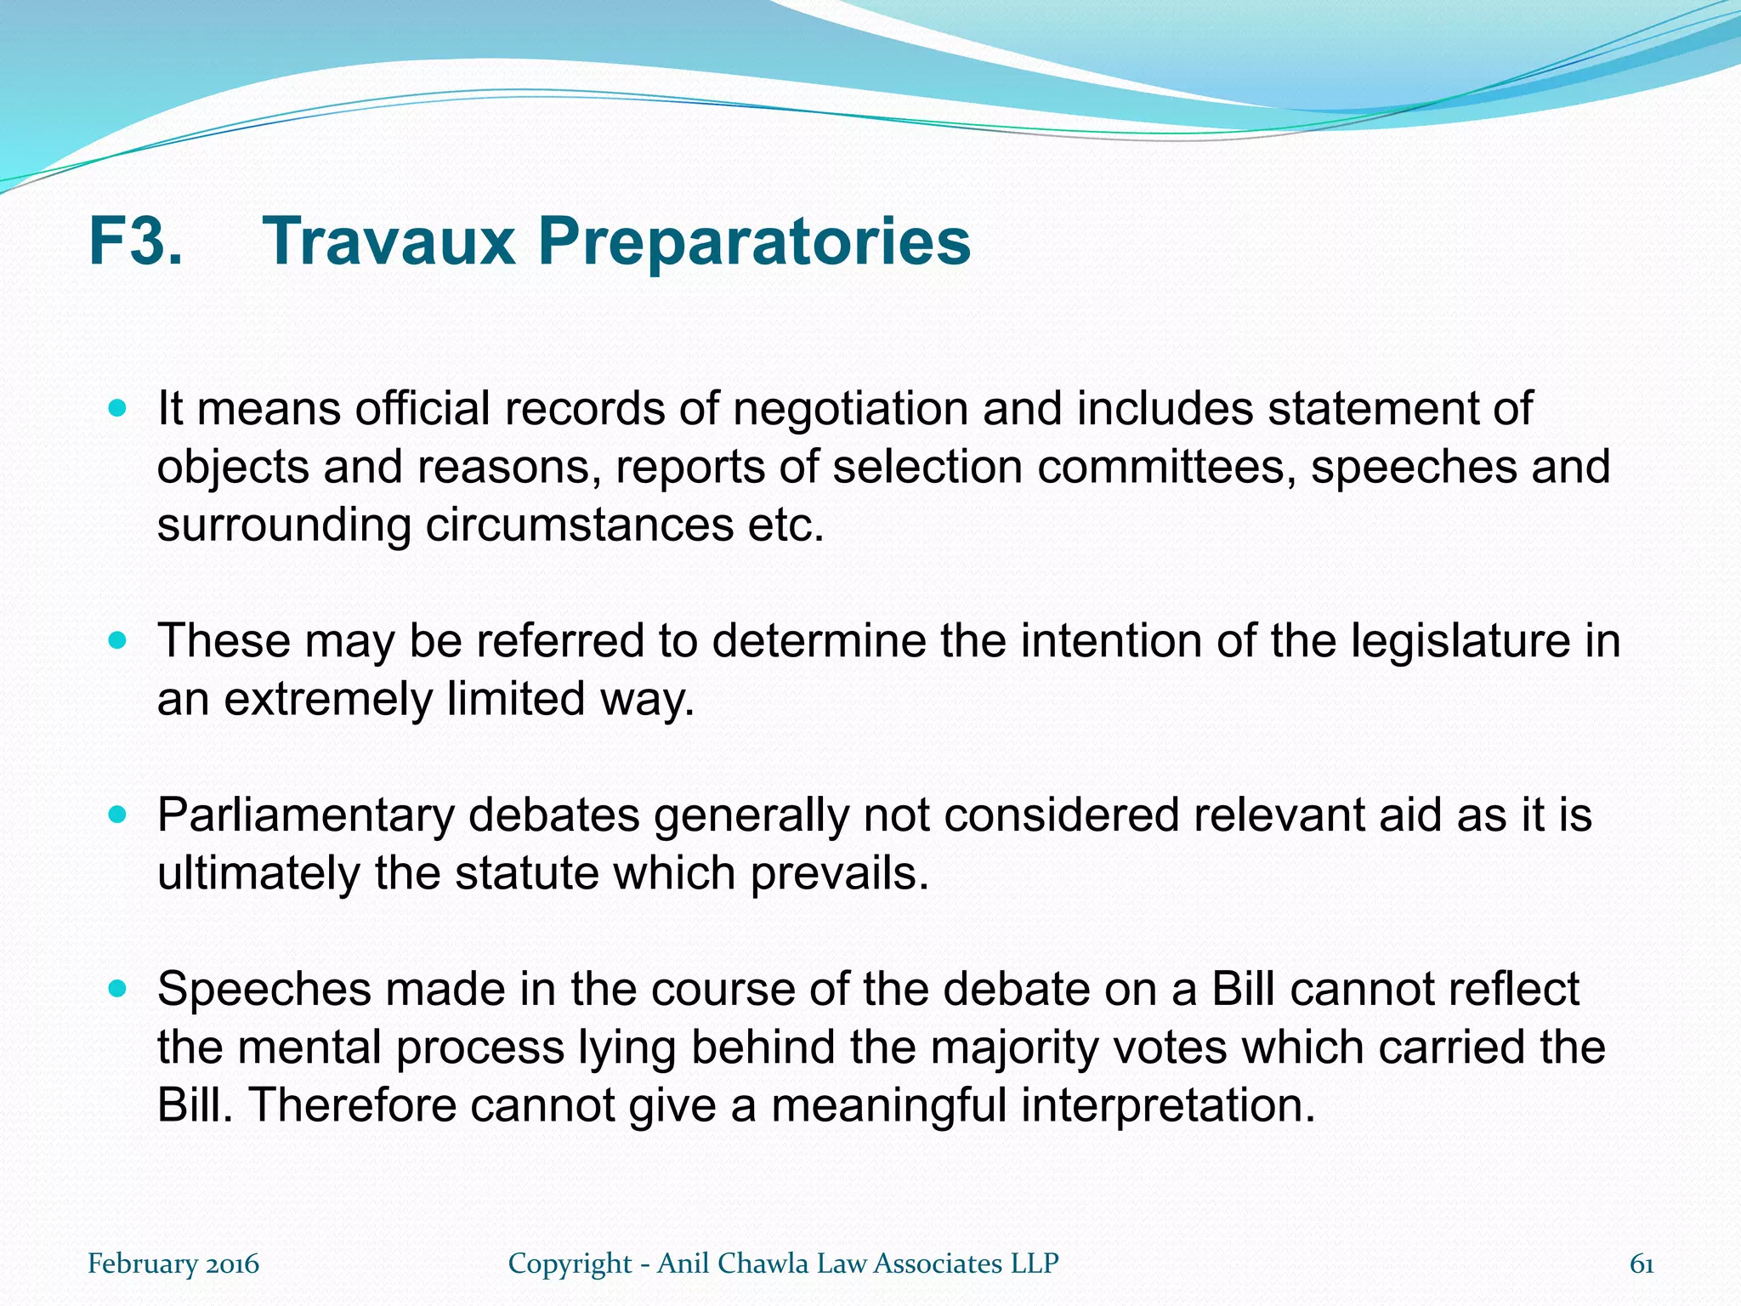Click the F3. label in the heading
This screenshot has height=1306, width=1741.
click(x=136, y=242)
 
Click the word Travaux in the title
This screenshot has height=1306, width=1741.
click(x=389, y=242)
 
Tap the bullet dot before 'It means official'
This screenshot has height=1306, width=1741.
click(x=118, y=409)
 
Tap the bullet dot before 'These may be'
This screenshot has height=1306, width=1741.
click(x=118, y=641)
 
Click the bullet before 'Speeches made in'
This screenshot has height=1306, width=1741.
click(x=118, y=990)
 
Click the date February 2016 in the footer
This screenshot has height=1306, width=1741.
click(x=173, y=1264)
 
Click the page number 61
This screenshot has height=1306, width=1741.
click(x=1641, y=1264)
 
